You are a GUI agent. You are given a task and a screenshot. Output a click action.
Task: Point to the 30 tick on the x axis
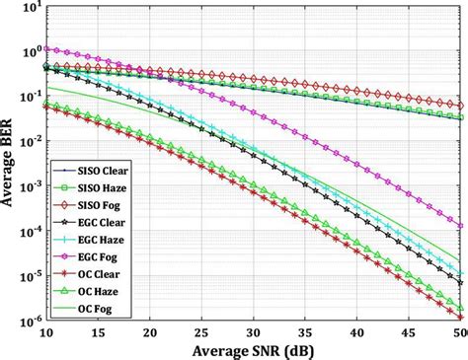[254, 332]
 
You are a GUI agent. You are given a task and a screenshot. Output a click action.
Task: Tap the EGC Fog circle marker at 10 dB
[45, 47]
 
